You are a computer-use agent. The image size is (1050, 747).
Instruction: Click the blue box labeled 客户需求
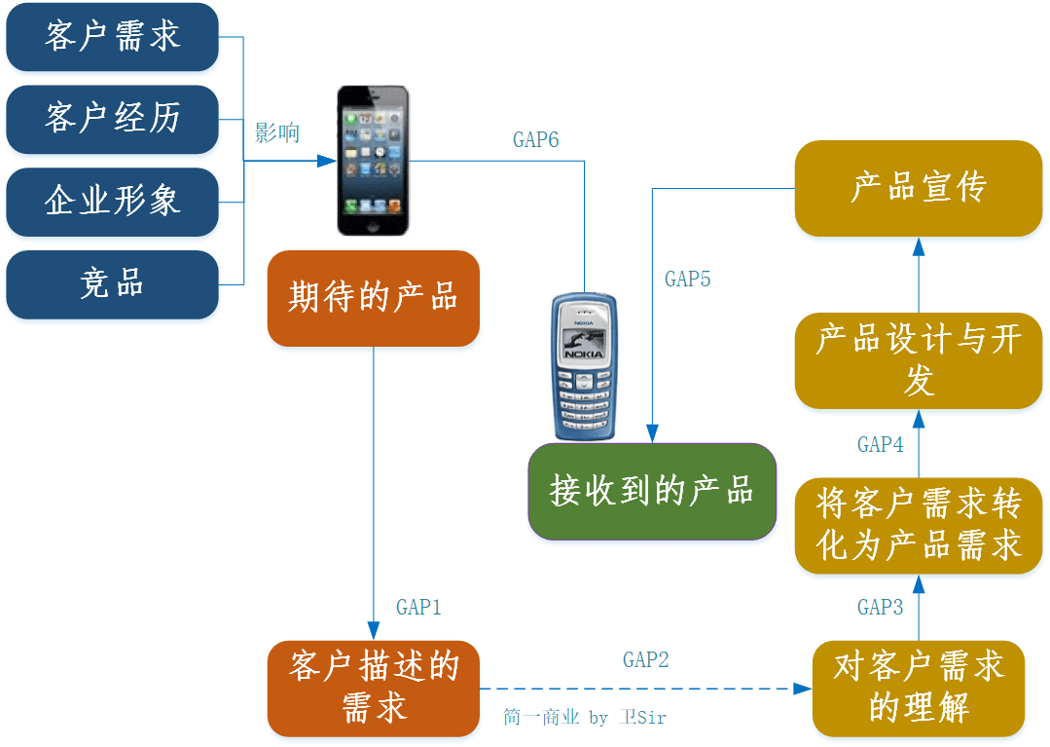click(112, 37)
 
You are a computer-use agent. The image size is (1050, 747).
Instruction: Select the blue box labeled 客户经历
click(112, 119)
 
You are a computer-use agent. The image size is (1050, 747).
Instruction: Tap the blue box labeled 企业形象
click(112, 202)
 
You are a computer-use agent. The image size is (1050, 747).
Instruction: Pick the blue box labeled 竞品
click(112, 284)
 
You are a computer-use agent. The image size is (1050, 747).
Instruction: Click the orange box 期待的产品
click(374, 298)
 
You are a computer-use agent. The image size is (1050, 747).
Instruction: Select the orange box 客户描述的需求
click(374, 688)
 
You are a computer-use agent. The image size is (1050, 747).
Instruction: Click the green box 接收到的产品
click(652, 491)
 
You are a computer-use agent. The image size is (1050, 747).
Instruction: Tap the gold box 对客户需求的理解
click(919, 688)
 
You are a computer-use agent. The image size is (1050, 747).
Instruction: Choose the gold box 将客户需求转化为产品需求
click(919, 525)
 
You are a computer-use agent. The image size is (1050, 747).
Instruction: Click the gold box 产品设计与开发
click(919, 359)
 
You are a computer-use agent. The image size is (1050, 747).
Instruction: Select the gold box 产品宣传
click(919, 188)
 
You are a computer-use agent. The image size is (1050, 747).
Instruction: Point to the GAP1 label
click(419, 607)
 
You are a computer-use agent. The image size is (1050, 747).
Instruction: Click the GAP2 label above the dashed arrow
click(646, 660)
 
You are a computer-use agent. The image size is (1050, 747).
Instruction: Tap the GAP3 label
click(881, 607)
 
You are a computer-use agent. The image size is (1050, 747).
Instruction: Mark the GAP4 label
click(881, 444)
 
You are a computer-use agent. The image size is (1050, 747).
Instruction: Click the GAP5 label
click(688, 280)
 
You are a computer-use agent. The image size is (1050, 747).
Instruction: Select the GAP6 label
click(536, 140)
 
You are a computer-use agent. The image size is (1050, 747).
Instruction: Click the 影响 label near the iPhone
click(277, 133)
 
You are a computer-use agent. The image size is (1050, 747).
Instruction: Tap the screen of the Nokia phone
click(584, 342)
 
